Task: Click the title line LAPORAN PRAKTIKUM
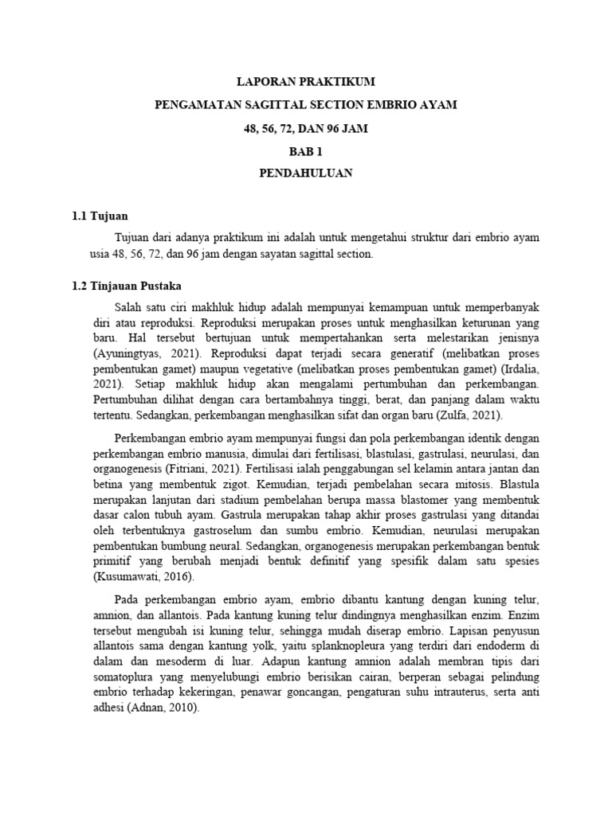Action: click(306, 82)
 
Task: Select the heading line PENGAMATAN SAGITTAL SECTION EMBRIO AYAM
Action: click(306, 105)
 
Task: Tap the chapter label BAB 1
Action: click(306, 150)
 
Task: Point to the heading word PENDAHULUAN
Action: click(306, 173)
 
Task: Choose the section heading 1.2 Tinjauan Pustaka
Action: click(128, 286)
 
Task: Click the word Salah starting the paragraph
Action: click(129, 308)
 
